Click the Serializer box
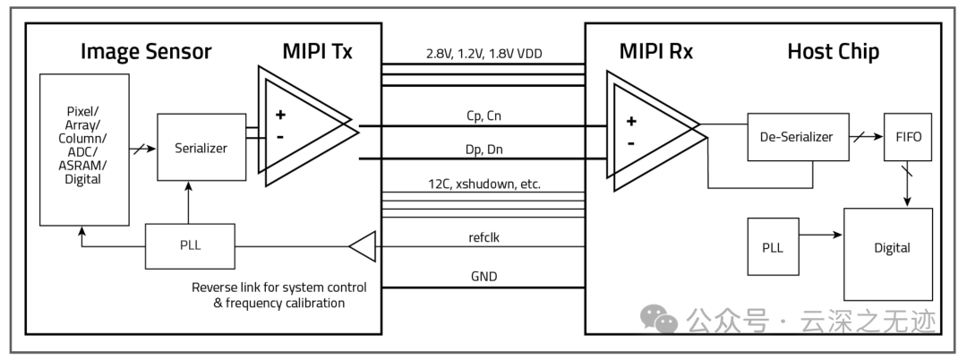click(x=201, y=148)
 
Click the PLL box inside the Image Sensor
click(x=190, y=246)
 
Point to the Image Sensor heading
click(x=146, y=51)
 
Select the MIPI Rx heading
click(x=656, y=51)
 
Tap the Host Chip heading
click(x=833, y=51)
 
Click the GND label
click(x=483, y=278)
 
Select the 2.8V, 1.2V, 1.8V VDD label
click(x=483, y=54)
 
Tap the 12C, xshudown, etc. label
click(x=483, y=184)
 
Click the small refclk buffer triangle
click(x=362, y=246)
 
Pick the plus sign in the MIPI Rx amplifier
click(x=630, y=121)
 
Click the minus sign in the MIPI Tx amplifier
click(x=280, y=137)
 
